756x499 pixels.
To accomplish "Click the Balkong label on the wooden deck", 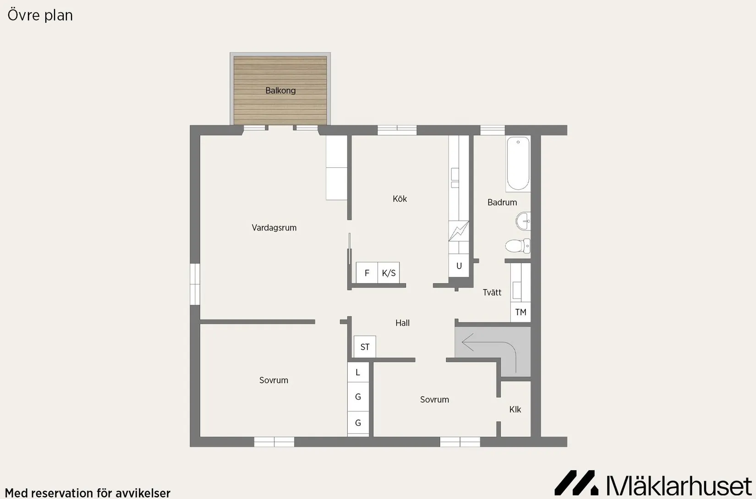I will tap(280, 91).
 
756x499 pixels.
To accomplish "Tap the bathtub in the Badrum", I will tap(518, 164).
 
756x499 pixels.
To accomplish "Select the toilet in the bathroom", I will tap(517, 246).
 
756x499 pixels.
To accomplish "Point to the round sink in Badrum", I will tap(523, 221).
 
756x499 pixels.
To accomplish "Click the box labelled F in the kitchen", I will tap(367, 273).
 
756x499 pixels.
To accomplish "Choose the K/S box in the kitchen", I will tap(389, 273).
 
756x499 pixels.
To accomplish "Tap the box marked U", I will tap(459, 266).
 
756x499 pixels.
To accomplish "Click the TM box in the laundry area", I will tap(520, 312).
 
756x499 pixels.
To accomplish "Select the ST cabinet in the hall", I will tap(365, 347).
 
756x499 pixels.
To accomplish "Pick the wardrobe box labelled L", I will tap(358, 373).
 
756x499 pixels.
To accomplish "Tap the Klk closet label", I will tap(515, 410).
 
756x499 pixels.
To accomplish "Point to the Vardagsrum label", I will tap(274, 228).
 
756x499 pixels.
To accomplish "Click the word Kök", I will tap(400, 199).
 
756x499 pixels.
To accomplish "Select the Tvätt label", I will tap(492, 292).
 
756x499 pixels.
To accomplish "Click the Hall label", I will tap(402, 323).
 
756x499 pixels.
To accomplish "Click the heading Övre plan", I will tap(40, 15).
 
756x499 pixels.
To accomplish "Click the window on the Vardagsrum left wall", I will tap(195, 284).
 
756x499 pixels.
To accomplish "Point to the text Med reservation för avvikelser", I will tap(88, 493).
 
